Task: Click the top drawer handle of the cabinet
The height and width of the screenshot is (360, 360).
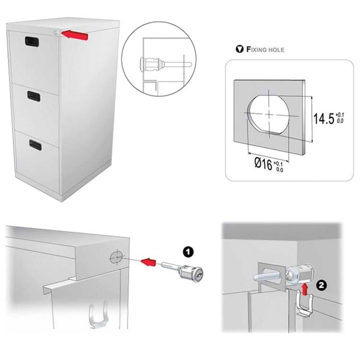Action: (32, 41)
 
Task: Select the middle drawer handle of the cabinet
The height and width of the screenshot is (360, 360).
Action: (34, 96)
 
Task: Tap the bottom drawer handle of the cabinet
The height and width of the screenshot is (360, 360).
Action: (35, 145)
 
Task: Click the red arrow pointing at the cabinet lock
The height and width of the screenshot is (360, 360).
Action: (75, 35)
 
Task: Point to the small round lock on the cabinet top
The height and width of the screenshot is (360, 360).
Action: (56, 33)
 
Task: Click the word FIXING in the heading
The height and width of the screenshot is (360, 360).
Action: (257, 49)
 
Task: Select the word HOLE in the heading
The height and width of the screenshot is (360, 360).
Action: (276, 50)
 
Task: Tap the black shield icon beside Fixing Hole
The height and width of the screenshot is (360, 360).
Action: (240, 49)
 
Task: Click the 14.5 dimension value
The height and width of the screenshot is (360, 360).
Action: (324, 118)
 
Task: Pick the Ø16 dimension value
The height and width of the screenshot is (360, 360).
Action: (264, 164)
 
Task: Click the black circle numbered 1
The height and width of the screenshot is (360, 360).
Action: (188, 252)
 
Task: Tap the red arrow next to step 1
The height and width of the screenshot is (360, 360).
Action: (148, 262)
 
